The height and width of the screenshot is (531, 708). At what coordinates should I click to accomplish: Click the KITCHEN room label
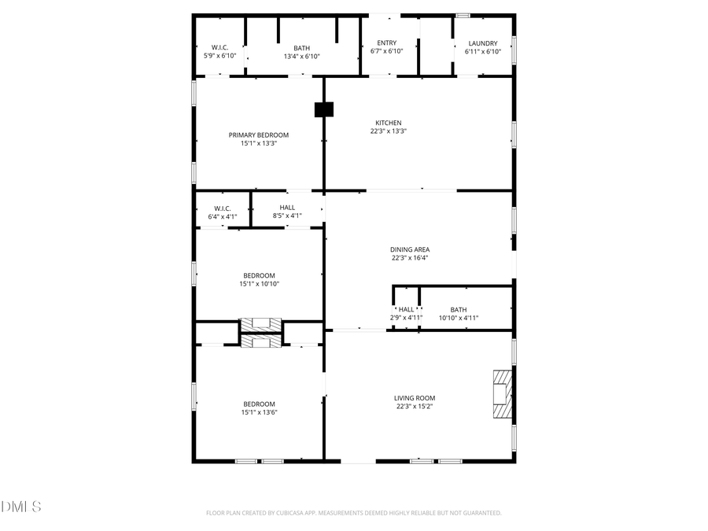[x=388, y=123]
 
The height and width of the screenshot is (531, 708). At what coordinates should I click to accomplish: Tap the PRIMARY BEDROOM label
[x=259, y=135]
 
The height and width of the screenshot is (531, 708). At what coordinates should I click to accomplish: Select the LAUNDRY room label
[x=482, y=43]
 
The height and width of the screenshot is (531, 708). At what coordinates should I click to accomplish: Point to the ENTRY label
[x=386, y=43]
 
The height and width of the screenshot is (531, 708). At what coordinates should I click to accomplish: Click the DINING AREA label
[x=410, y=249]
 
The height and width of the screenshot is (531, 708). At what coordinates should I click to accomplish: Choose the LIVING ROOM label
[x=415, y=398]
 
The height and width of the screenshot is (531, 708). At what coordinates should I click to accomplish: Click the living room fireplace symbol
[x=501, y=397]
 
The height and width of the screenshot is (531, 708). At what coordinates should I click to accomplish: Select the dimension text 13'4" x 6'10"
[x=301, y=56]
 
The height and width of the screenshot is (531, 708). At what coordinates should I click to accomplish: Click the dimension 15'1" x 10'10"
[x=259, y=284]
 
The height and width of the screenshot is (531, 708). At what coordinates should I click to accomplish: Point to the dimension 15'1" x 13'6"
[x=259, y=412]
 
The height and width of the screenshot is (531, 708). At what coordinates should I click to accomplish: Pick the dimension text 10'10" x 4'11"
[x=458, y=318]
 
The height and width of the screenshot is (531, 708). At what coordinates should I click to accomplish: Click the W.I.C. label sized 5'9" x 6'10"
[x=220, y=47]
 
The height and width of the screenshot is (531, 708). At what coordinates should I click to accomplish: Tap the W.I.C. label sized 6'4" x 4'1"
[x=222, y=208]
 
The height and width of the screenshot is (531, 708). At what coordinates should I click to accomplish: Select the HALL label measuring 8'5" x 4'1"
[x=287, y=208]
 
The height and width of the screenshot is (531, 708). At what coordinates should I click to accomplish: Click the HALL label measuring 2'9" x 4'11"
[x=406, y=310]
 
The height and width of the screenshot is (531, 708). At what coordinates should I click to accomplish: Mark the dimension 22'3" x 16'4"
[x=410, y=258]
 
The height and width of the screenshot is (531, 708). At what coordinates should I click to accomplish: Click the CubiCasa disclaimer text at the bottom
[x=353, y=513]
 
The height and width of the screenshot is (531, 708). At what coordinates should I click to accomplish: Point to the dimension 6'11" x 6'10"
[x=482, y=52]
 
